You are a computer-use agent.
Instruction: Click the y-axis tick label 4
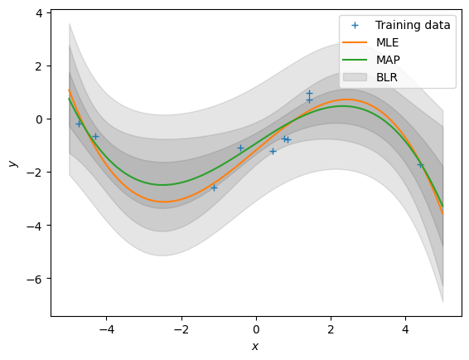(x=39, y=13)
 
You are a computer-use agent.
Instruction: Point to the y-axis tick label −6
(x=35, y=279)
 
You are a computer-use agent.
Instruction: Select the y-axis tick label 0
(x=39, y=119)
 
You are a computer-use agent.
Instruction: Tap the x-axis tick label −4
(x=107, y=329)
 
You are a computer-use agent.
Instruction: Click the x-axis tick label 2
(x=331, y=329)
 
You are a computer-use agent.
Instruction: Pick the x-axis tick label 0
(x=256, y=329)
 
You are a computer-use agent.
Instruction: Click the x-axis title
(x=255, y=347)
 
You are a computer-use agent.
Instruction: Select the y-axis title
(x=13, y=163)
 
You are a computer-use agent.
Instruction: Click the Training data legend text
(x=413, y=25)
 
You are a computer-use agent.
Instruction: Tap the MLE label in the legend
(x=387, y=42)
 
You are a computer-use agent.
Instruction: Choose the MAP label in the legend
(x=388, y=60)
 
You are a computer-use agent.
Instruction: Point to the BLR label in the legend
(x=387, y=77)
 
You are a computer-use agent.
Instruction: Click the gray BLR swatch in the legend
(x=355, y=77)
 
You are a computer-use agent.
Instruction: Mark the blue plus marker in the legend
(x=355, y=25)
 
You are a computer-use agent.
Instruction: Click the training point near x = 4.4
(x=421, y=165)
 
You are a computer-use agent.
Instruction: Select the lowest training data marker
(x=214, y=187)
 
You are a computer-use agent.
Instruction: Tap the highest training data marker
(x=309, y=93)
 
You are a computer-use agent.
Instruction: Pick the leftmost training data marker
(x=79, y=124)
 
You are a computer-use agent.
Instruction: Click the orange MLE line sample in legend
(x=355, y=42)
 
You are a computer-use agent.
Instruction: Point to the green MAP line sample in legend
(x=355, y=60)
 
